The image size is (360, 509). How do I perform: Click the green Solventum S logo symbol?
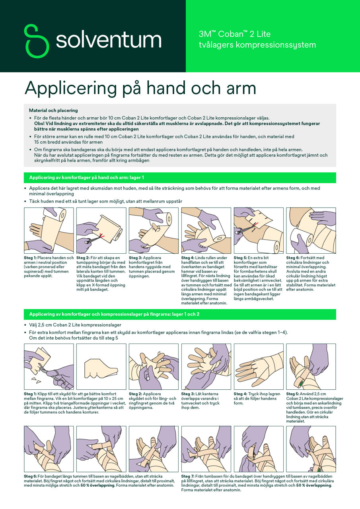(x=37, y=41)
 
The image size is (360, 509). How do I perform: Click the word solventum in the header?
(x=108, y=40)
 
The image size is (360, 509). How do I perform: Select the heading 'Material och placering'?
(x=53, y=110)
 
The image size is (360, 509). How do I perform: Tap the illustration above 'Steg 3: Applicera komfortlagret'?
(x=154, y=230)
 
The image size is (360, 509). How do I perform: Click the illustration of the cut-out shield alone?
(x=101, y=366)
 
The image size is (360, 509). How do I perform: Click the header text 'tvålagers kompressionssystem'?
(x=257, y=45)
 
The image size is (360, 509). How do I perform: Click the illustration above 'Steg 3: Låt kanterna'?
(x=206, y=366)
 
